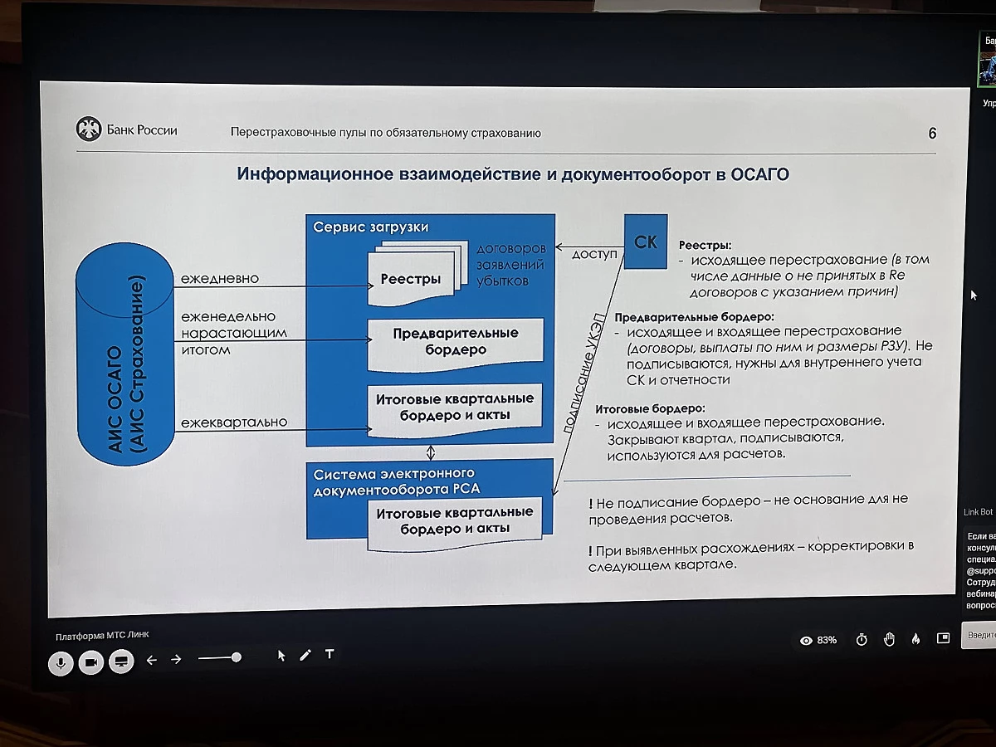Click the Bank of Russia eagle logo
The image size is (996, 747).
pyautogui.click(x=88, y=129)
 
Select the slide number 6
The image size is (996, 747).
pyautogui.click(x=932, y=134)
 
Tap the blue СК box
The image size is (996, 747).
pyautogui.click(x=645, y=242)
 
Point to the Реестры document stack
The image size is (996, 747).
pyautogui.click(x=413, y=276)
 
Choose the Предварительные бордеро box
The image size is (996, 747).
pyautogui.click(x=456, y=341)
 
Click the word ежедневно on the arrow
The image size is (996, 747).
pyautogui.click(x=220, y=279)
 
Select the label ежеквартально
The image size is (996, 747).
pyautogui.click(x=234, y=422)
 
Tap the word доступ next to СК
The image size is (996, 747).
pyautogui.click(x=594, y=254)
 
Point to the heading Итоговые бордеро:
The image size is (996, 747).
pyautogui.click(x=650, y=408)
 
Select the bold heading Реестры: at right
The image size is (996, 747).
pyautogui.click(x=705, y=246)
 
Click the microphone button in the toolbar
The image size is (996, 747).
pyautogui.click(x=61, y=662)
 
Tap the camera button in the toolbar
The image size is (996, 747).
pyautogui.click(x=90, y=662)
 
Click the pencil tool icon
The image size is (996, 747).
pyautogui.click(x=305, y=655)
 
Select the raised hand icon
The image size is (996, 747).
pyautogui.click(x=889, y=639)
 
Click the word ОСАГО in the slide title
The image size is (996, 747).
pyautogui.click(x=759, y=174)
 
